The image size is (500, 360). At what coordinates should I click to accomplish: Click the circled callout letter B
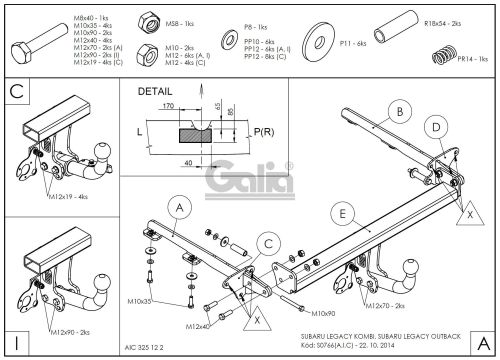[396, 111]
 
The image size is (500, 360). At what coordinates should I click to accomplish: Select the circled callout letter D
[436, 126]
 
